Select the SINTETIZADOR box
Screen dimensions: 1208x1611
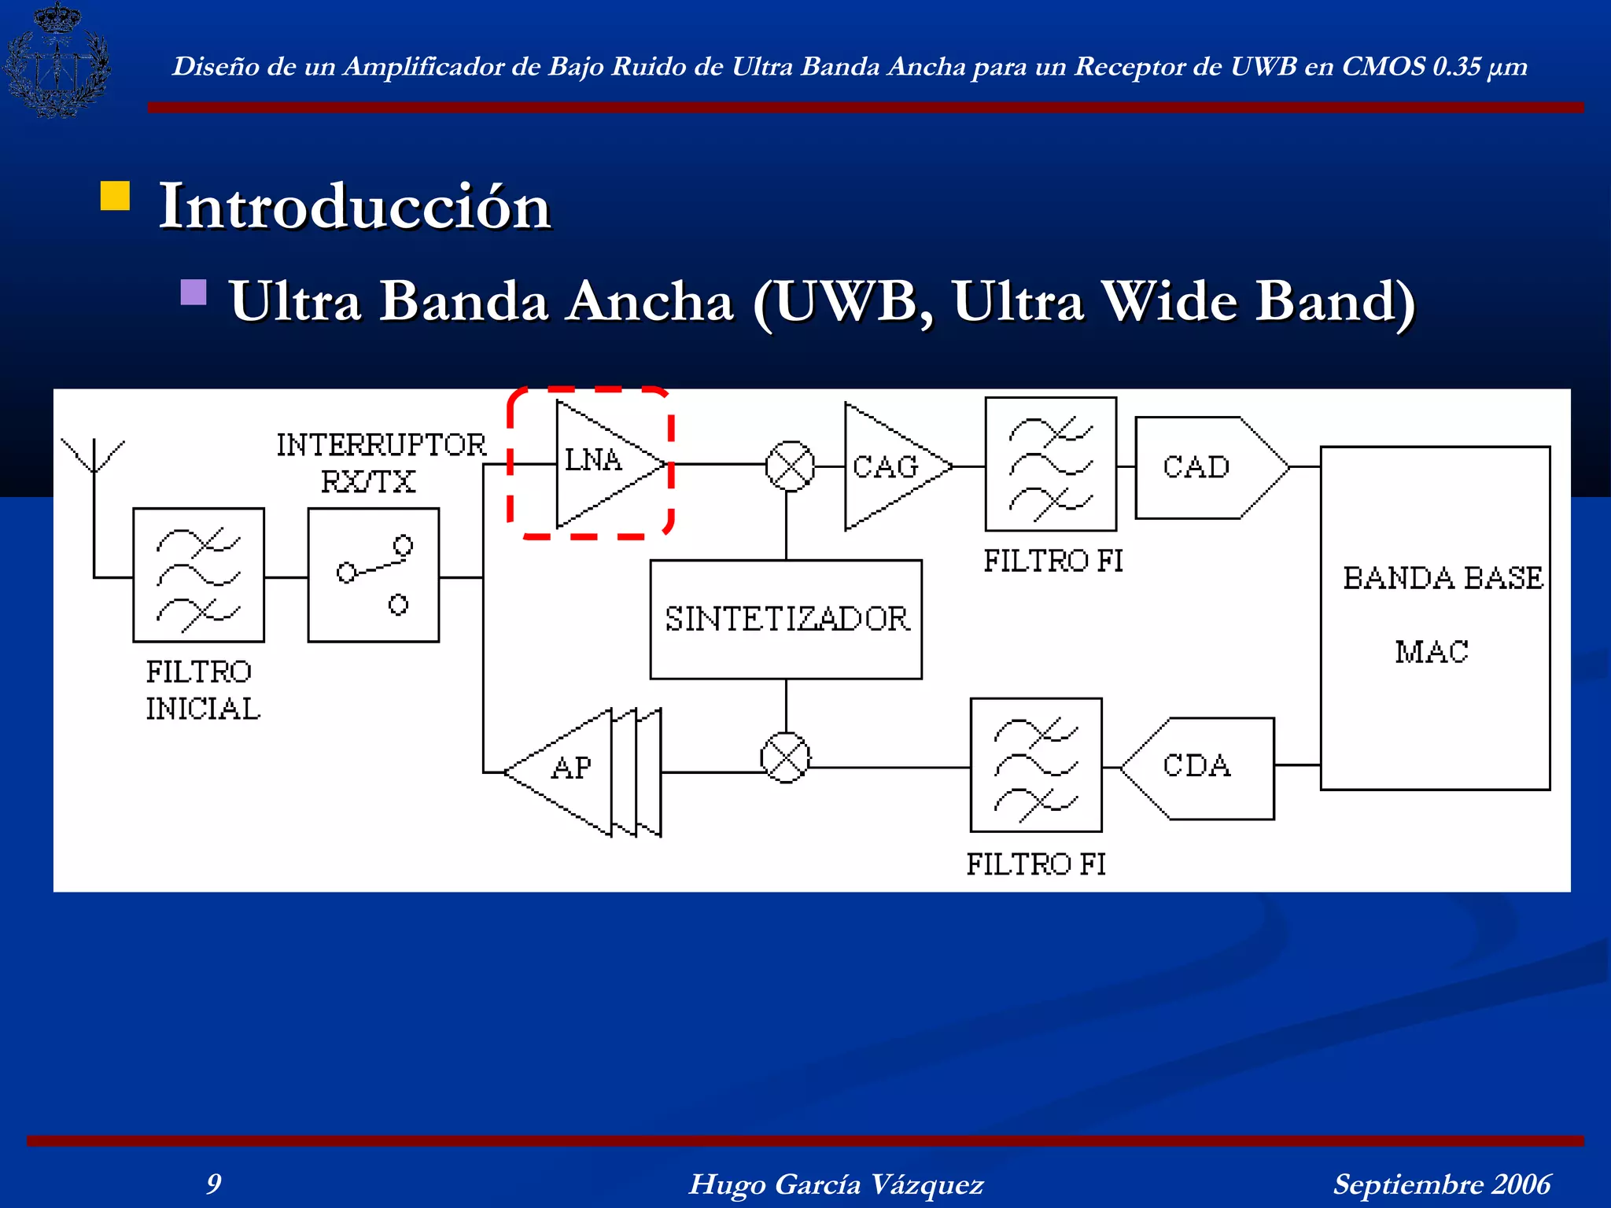(x=786, y=619)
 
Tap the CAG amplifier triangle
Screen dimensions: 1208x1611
(x=889, y=466)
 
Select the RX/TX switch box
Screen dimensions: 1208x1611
(x=373, y=575)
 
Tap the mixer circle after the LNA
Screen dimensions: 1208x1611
(x=790, y=466)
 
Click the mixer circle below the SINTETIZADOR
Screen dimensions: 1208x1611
(x=785, y=758)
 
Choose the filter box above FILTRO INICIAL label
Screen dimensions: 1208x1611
(x=198, y=575)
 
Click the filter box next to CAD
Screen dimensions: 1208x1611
(x=1051, y=464)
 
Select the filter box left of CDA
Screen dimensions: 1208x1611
(x=1035, y=765)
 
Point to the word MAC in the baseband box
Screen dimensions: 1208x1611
(x=1432, y=652)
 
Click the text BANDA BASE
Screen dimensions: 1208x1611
(x=1442, y=578)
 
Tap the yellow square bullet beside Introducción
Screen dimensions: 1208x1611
(x=115, y=196)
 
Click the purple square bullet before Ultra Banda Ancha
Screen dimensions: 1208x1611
(x=193, y=292)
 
